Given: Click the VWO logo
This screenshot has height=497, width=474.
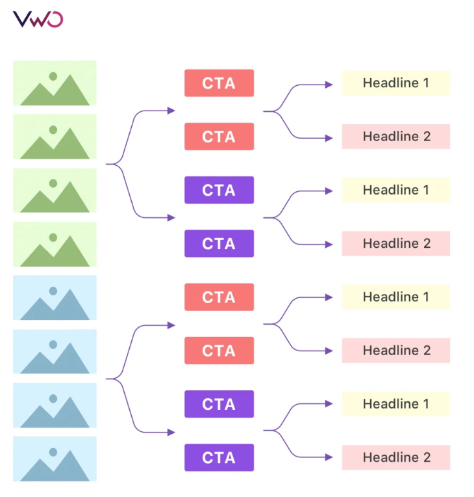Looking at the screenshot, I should [x=38, y=19].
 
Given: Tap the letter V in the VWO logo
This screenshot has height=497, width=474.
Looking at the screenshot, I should [x=21, y=19].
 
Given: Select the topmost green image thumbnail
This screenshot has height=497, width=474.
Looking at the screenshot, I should [x=55, y=83].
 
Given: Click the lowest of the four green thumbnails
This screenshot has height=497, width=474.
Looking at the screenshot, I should [x=55, y=244].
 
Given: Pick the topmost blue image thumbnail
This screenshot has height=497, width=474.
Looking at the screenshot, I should [x=55, y=297].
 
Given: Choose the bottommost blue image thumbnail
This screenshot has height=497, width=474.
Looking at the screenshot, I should [x=55, y=459].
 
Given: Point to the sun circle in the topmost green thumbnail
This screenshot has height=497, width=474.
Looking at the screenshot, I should [x=53, y=76].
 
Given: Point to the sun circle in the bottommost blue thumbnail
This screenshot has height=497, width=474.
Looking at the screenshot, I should [x=53, y=451].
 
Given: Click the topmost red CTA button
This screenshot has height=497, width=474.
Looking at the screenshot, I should [x=219, y=83].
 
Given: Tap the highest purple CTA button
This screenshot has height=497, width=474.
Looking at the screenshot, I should [x=219, y=190].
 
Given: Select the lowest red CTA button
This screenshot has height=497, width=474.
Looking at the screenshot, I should [x=219, y=351].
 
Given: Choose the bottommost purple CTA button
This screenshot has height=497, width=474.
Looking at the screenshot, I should [x=219, y=457].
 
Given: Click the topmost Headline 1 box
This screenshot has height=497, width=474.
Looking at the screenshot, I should [x=395, y=83].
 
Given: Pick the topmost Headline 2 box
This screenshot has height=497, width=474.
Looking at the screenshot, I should [x=395, y=137].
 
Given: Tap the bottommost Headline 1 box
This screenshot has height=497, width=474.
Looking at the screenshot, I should [x=395, y=404].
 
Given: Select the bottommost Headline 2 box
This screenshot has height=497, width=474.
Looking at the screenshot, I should [x=395, y=457].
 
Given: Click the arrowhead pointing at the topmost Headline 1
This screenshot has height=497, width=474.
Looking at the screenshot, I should [x=329, y=85].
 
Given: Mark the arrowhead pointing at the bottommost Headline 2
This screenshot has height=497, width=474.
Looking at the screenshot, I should [x=329, y=458].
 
